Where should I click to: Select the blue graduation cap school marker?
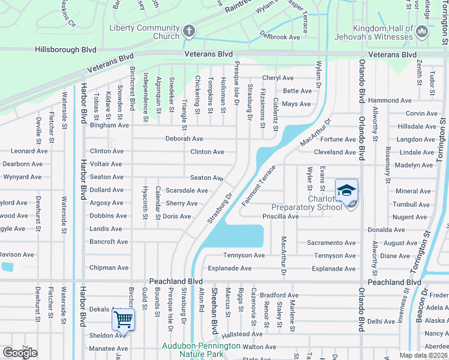pos(347,191)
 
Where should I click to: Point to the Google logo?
pos(20,352)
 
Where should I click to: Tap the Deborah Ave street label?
pos(185,139)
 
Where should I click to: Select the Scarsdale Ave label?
pos(187,191)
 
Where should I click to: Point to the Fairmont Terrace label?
pos(258,187)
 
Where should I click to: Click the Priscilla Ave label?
pos(280,216)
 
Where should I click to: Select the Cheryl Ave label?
pos(278,78)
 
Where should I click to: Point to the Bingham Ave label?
pos(109,125)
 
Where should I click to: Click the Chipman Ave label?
pos(109,268)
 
